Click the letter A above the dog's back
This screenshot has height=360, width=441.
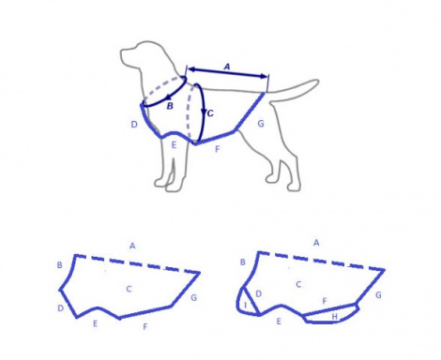point(227,67)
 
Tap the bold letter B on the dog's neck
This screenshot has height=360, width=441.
point(170,106)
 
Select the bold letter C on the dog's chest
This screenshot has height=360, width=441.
point(210,113)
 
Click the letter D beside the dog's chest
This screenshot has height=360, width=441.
point(134,125)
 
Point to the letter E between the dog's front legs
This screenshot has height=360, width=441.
point(174,145)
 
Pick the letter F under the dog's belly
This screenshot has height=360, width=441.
point(218,149)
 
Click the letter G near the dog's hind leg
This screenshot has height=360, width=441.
point(261,124)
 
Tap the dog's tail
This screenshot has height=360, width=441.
point(293,88)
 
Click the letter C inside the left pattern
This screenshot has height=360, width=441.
point(129,289)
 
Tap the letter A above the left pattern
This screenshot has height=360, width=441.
point(132,246)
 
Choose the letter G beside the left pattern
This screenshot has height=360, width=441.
point(193,298)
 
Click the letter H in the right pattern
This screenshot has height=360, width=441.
point(335,317)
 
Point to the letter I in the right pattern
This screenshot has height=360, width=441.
point(246,305)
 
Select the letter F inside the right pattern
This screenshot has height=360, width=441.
point(325,301)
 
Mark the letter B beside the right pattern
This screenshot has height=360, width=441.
point(242,262)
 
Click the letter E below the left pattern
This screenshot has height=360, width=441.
point(95,323)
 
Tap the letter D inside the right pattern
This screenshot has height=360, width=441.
point(258,293)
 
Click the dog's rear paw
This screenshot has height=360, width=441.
point(294,187)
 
